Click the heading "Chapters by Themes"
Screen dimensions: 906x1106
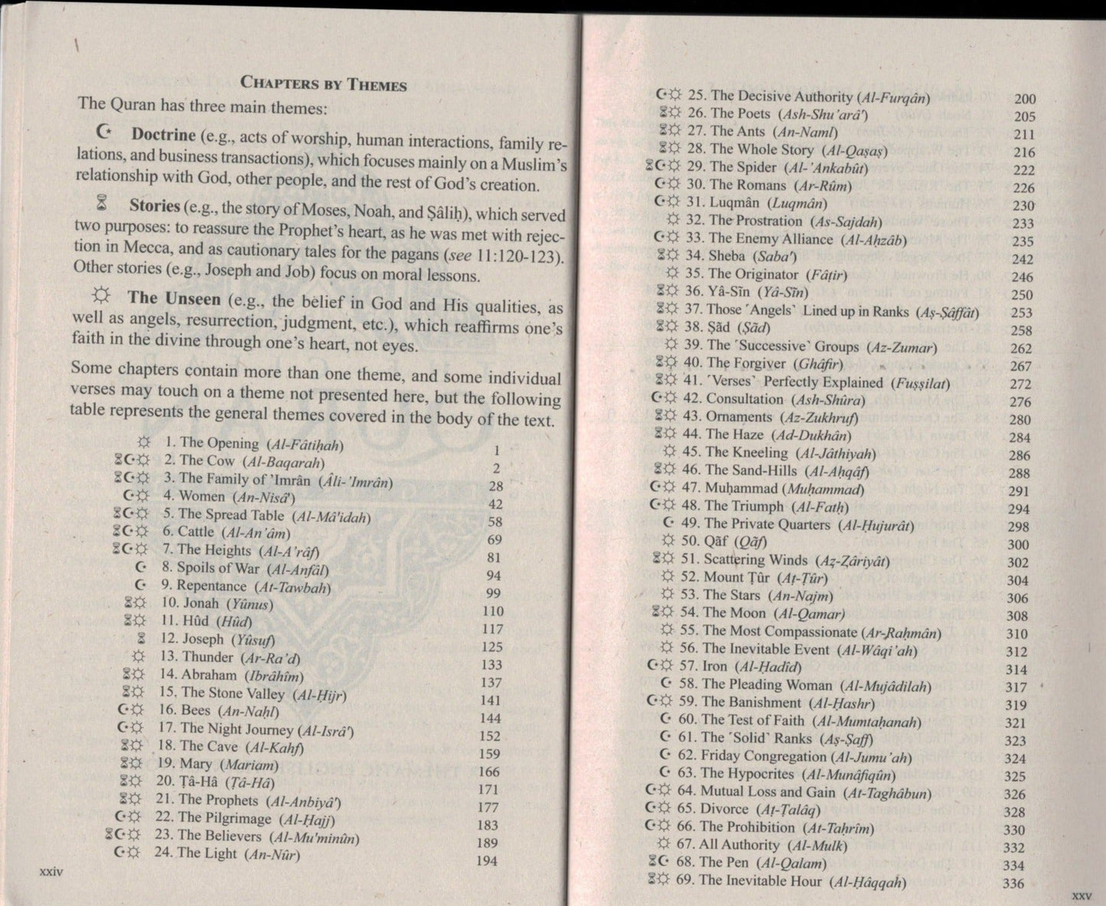(324, 83)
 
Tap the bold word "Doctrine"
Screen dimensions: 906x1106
(163, 135)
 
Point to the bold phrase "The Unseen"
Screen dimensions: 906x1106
(174, 298)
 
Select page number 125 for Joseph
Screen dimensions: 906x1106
(492, 647)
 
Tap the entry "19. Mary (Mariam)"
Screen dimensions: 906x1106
(218, 764)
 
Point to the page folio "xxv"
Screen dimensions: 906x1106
(1080, 895)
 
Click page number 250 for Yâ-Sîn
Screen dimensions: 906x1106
(1022, 295)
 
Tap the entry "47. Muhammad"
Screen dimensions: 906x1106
(773, 489)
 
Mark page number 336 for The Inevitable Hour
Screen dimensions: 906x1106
(1013, 884)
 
